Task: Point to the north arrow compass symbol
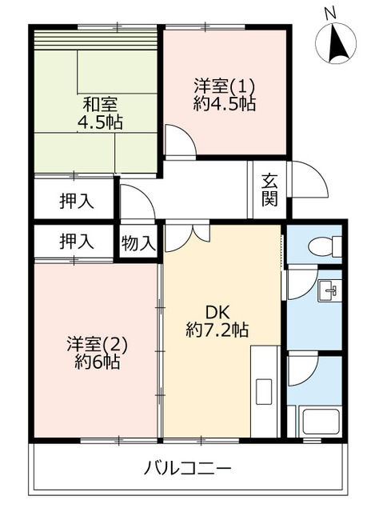point(336,43)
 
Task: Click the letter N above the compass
point(330,14)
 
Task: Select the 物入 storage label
point(138,243)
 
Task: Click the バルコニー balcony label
point(188,468)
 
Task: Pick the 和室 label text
point(100,105)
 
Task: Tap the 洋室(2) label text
point(97,345)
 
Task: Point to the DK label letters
point(217,313)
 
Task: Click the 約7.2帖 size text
point(217,330)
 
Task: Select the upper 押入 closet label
point(77,201)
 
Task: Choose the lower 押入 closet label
point(77,242)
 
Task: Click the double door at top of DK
point(186,237)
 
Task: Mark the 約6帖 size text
point(97,362)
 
